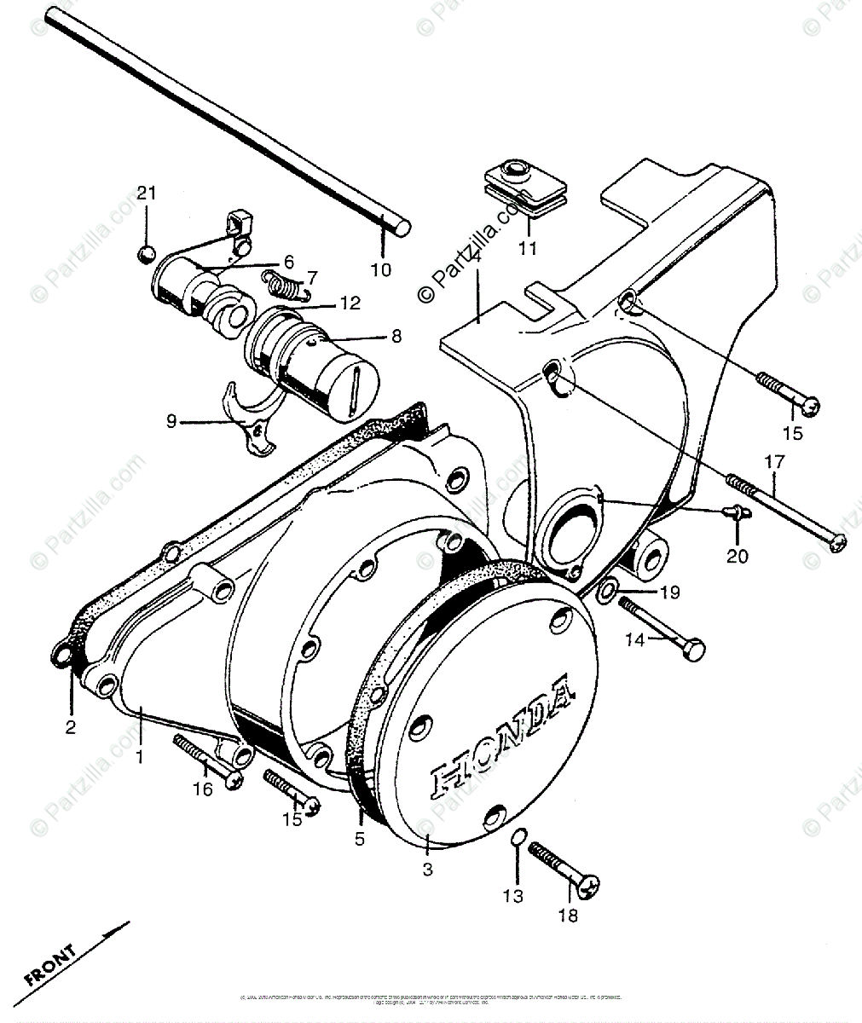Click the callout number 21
tap(148, 194)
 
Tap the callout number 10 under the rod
tap(381, 270)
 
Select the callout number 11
tap(528, 248)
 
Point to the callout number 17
tap(773, 463)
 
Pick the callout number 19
tap(669, 591)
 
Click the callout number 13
tap(512, 896)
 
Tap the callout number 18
tap(567, 916)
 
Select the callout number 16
tap(202, 789)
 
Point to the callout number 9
tap(171, 421)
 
